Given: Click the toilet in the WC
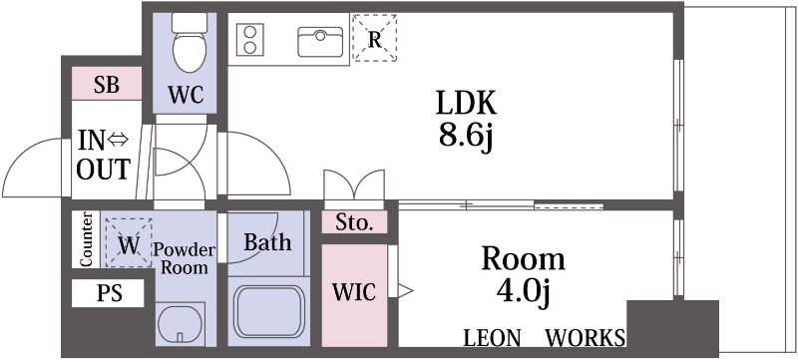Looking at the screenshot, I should tap(187, 41).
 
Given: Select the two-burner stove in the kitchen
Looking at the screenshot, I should tap(250, 41).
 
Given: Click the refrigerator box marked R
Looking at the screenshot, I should tap(374, 39).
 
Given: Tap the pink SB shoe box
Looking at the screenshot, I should tap(107, 85).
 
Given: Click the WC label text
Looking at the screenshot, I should tap(186, 96).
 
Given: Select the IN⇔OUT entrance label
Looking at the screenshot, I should tap(104, 155).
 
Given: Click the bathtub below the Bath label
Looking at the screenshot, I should tap(268, 311).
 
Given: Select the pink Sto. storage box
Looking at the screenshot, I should tap(354, 222).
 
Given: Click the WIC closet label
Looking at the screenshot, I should tap(354, 292).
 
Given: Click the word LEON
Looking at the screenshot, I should tap(492, 337).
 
